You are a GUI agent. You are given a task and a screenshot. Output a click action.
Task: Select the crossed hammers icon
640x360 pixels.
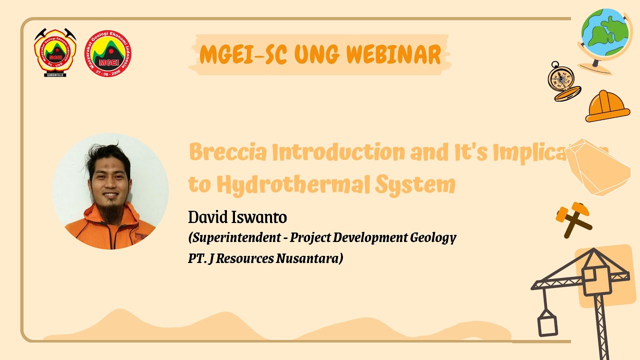[x=572, y=217]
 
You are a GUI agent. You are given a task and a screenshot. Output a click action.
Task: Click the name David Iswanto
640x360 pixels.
[x=237, y=218]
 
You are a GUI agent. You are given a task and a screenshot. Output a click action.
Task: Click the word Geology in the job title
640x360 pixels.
[x=433, y=238]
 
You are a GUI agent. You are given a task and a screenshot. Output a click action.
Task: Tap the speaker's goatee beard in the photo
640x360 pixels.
[x=111, y=213]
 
